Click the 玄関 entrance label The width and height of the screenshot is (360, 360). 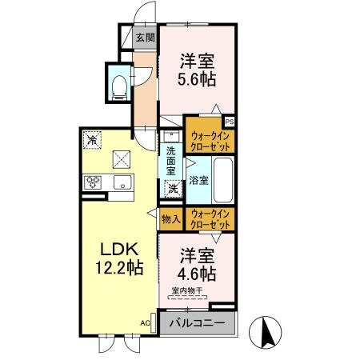point(145,38)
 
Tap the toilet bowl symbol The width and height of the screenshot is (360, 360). point(119,86)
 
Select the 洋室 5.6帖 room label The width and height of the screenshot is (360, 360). point(197,70)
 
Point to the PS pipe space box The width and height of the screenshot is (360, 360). point(230,122)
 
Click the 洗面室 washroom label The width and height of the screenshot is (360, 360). point(171,161)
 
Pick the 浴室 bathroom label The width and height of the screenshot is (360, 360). point(198,181)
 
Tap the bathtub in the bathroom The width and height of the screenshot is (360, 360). point(223,180)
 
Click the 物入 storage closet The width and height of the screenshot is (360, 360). point(171,219)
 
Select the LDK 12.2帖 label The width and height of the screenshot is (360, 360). point(119,258)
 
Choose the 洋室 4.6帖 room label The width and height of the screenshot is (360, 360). point(197,265)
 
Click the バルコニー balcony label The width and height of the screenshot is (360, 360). point(198,323)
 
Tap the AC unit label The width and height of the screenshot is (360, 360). point(145,323)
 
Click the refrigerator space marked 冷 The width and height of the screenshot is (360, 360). point(92,140)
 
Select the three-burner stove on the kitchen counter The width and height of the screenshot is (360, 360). point(93,182)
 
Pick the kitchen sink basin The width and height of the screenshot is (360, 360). point(122,182)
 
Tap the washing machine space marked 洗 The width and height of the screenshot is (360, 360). point(173,189)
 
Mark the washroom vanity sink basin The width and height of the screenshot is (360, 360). point(171,136)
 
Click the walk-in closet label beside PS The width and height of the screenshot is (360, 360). point(210,142)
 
